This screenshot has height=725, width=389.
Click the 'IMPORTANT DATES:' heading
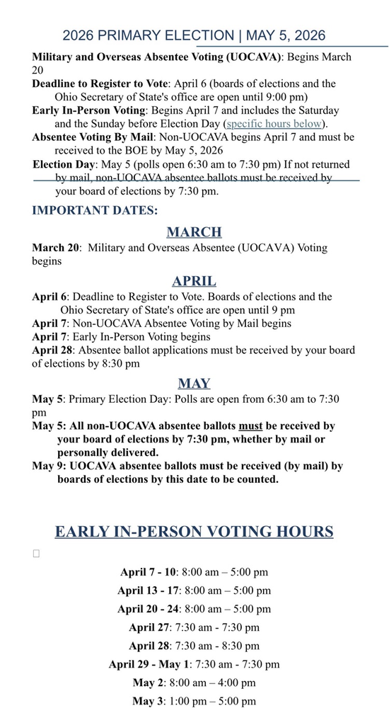pyautogui.click(x=95, y=210)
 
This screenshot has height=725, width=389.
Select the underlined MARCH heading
pyautogui.click(x=194, y=232)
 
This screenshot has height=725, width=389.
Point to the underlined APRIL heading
pyautogui.click(x=194, y=281)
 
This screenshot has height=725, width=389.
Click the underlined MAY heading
pyautogui.click(x=194, y=384)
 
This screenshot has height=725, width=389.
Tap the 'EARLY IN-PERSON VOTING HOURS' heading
pyautogui.click(x=194, y=532)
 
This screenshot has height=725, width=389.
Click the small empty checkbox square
pyautogui.click(x=36, y=554)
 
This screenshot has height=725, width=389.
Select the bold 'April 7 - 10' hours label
pyautogui.click(x=148, y=572)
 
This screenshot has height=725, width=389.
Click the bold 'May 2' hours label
pyautogui.click(x=148, y=683)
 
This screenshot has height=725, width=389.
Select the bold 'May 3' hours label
pyautogui.click(x=148, y=701)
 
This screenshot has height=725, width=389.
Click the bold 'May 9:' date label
pyautogui.click(x=50, y=466)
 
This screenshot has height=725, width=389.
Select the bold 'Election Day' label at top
pyautogui.click(x=64, y=164)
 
